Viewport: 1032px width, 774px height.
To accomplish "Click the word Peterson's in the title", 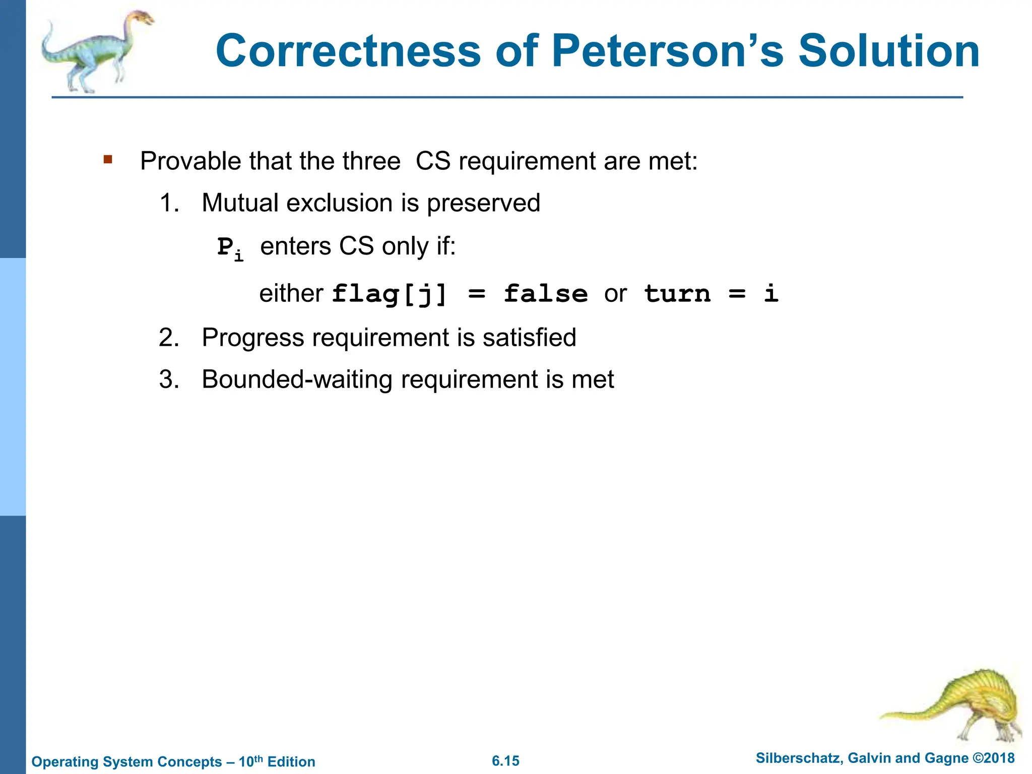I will [668, 51].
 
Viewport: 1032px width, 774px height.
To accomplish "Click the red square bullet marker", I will [108, 160].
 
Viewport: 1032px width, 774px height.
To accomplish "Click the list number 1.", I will [169, 203].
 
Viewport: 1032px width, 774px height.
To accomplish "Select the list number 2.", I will [169, 338].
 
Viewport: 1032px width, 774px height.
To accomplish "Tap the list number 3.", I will [169, 379].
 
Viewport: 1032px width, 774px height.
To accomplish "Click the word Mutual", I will [240, 203].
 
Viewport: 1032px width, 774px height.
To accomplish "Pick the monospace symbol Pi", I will [230, 248].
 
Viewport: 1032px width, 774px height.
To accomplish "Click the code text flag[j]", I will [390, 294].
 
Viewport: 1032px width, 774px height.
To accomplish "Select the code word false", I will [546, 294].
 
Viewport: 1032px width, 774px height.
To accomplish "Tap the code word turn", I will [677, 294].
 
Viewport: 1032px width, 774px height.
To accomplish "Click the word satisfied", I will [529, 338].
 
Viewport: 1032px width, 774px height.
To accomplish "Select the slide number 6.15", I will [505, 761].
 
